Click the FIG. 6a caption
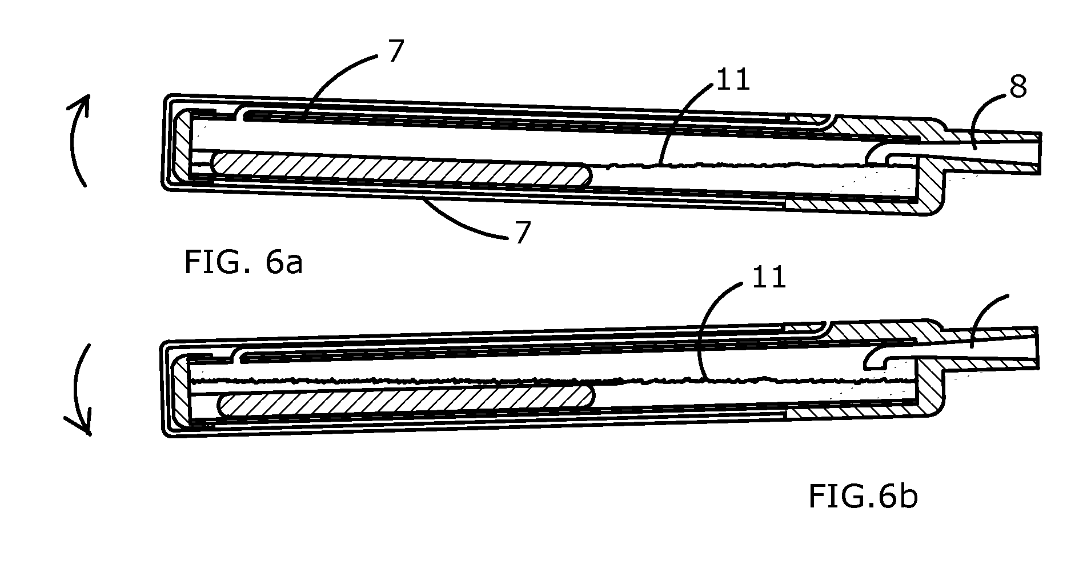243,263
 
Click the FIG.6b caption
863,496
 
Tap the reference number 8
1018,88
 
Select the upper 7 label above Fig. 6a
395,52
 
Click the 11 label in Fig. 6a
733,81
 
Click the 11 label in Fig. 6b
769,277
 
